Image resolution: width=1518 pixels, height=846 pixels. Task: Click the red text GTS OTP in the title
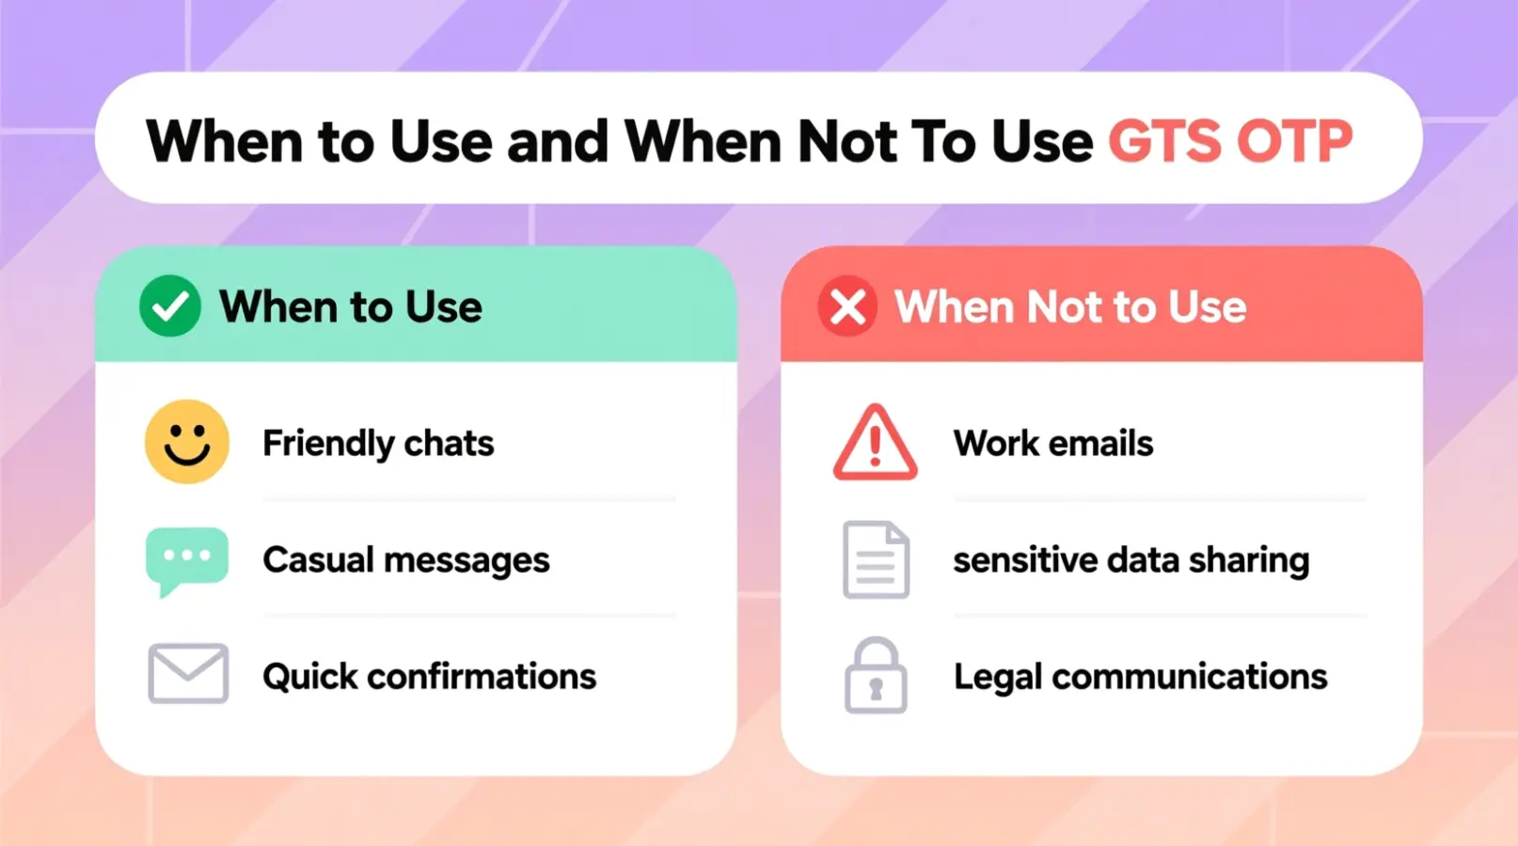click(x=1229, y=142)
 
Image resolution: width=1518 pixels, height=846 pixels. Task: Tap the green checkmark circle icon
click(x=170, y=306)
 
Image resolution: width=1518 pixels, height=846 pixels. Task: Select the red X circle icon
click(x=847, y=306)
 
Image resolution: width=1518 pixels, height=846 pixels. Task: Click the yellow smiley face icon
click(x=187, y=442)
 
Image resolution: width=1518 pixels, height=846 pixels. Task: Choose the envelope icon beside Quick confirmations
click(x=188, y=674)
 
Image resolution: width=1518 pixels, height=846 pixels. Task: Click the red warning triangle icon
click(x=875, y=443)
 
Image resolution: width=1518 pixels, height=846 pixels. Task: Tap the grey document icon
click(x=876, y=560)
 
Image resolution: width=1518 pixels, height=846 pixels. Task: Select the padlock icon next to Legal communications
click(x=876, y=676)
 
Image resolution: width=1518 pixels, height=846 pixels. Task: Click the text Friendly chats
click(x=378, y=444)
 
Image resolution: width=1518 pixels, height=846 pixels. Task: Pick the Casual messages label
click(x=406, y=560)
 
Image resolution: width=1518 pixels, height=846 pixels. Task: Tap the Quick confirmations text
click(x=429, y=677)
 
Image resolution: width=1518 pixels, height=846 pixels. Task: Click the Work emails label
click(x=1053, y=444)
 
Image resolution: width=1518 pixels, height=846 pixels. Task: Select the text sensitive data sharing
click(x=1131, y=560)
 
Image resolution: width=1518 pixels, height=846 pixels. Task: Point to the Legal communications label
click(x=1140, y=677)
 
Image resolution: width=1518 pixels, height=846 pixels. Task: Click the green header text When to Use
click(x=351, y=307)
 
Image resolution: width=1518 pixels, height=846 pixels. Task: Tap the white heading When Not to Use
click(x=1070, y=307)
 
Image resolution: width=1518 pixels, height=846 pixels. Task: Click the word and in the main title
click(x=559, y=142)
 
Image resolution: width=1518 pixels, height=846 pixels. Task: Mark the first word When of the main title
click(x=224, y=142)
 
